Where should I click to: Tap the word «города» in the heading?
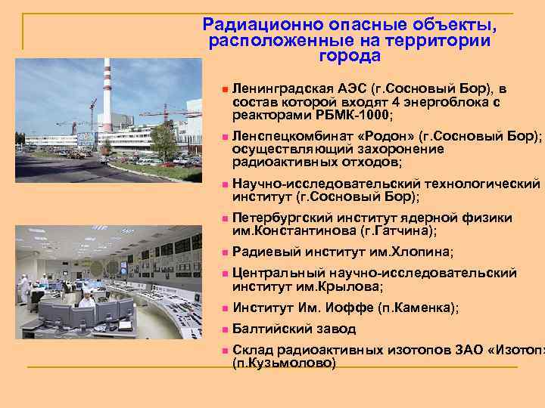pos(349,56)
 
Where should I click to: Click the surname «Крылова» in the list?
pos(353,286)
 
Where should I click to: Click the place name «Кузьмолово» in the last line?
pos(284,363)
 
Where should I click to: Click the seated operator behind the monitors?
pos(87,301)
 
